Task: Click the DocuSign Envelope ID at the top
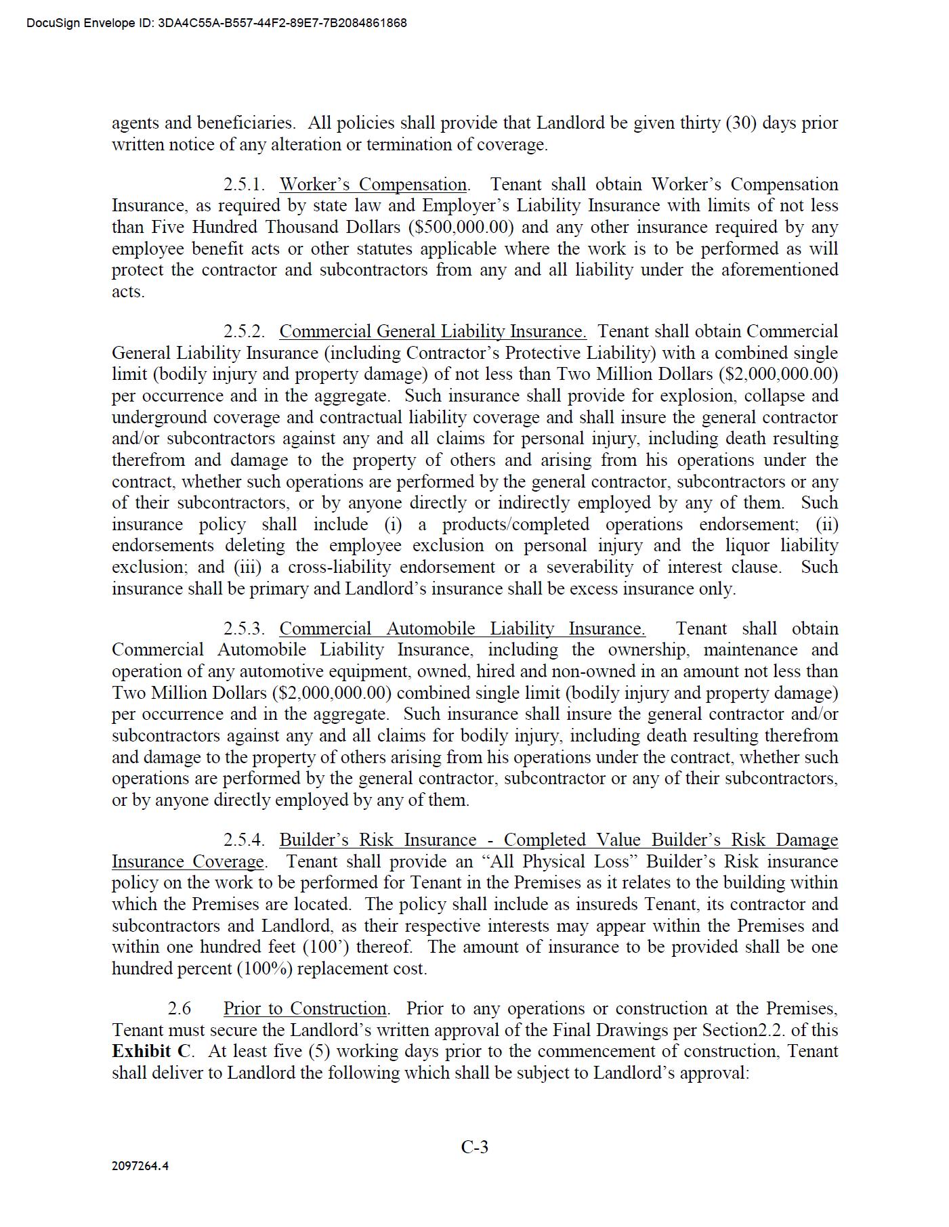point(217,23)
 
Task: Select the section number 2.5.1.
point(244,185)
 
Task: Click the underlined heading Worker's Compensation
point(373,185)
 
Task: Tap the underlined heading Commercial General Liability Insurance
point(433,332)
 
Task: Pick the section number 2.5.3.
point(244,629)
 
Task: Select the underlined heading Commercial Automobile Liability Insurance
point(462,629)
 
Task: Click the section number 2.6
point(180,1009)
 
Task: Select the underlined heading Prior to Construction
point(305,1009)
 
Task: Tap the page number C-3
point(474,1147)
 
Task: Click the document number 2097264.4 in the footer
point(140,1166)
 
